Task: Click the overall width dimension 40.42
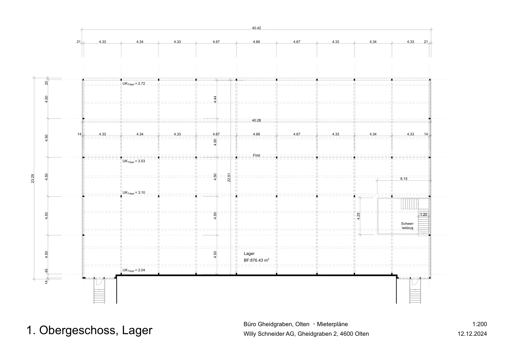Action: [256, 28]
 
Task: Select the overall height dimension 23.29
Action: [32, 178]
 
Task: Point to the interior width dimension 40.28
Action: [256, 120]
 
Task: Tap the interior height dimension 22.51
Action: [229, 178]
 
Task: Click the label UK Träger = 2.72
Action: [134, 84]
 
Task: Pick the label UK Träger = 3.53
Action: [134, 161]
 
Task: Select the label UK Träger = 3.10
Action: [134, 193]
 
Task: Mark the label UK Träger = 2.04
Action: [134, 270]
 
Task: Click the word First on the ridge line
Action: [256, 155]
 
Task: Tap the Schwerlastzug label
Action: [408, 225]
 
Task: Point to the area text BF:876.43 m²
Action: [256, 260]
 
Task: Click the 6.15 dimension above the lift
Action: [404, 179]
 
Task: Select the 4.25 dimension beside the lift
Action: [358, 216]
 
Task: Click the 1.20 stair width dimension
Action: [424, 215]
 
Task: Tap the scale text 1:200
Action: [480, 324]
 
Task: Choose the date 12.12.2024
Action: [472, 334]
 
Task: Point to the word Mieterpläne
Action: [332, 324]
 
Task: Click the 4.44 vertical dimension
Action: [215, 99]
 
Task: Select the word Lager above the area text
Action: [249, 254]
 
